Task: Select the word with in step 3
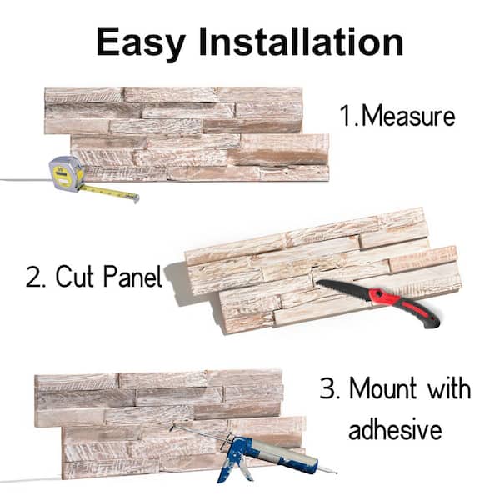coord(449,389)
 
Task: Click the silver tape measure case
coord(66,172)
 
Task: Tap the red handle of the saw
coord(408,306)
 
